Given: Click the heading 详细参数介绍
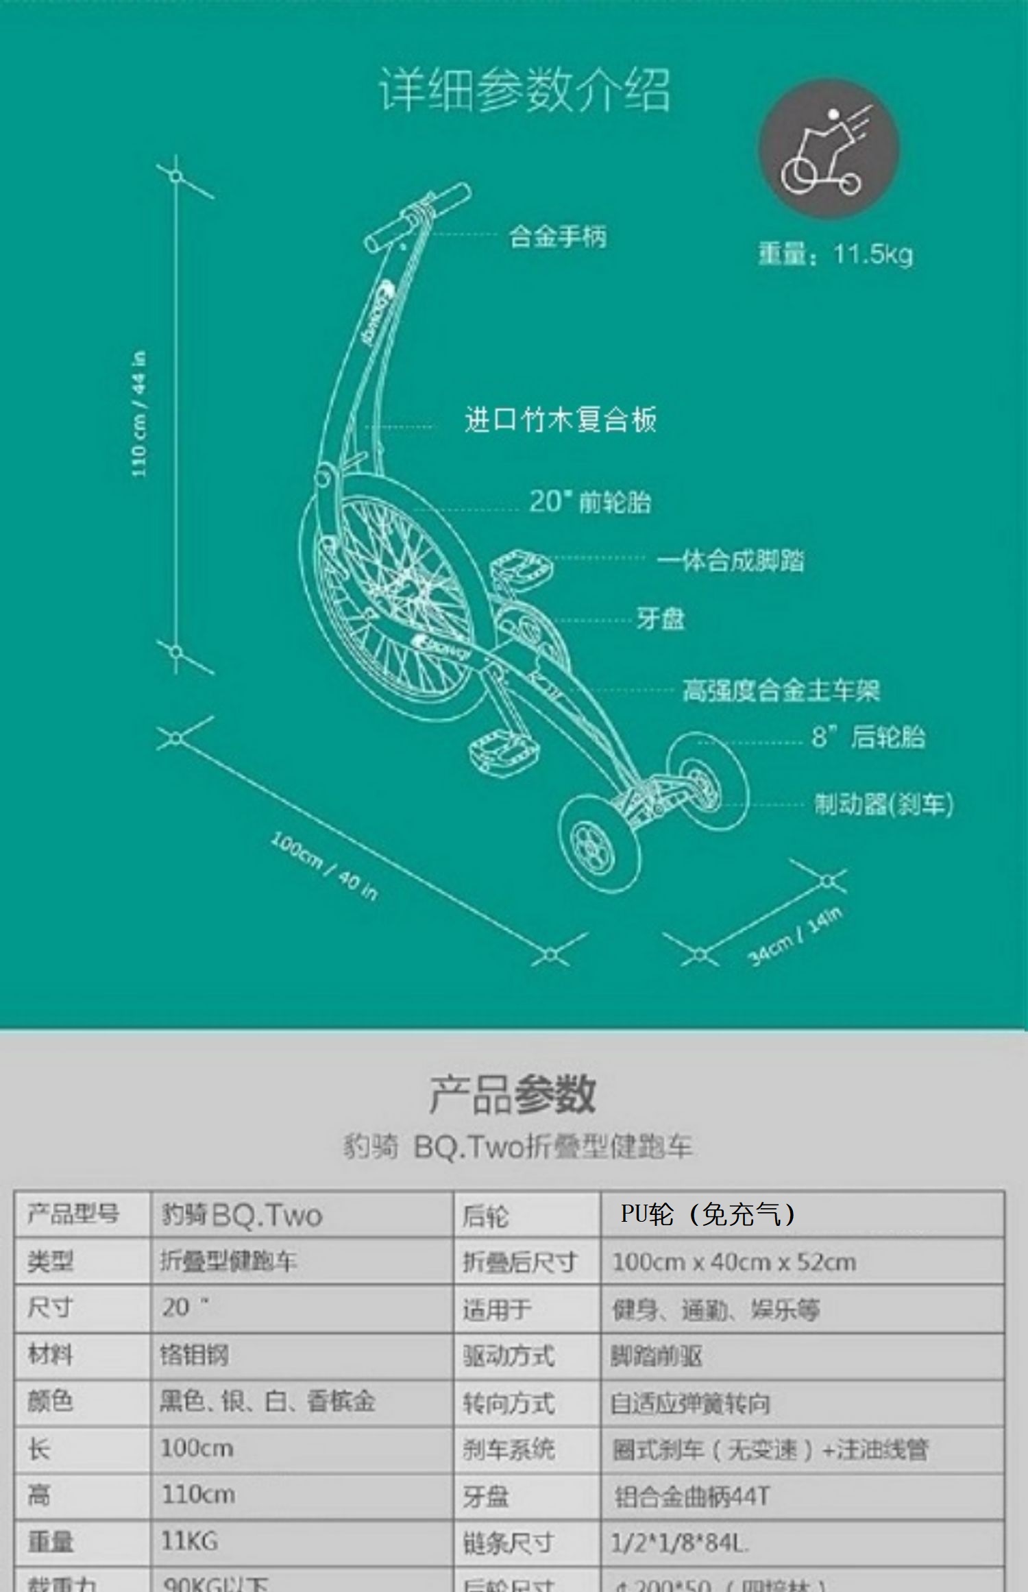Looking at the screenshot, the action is (x=524, y=90).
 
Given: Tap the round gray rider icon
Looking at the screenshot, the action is (x=829, y=149).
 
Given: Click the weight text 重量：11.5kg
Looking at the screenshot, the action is (x=835, y=254).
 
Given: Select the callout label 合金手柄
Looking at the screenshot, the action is (x=557, y=237).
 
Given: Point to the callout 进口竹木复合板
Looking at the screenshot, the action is (x=561, y=420).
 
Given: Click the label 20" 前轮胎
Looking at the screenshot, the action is (x=589, y=502).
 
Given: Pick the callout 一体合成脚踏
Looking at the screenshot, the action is (x=731, y=561).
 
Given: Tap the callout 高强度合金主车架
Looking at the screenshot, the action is (x=781, y=690).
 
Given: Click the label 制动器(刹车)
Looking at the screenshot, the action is (x=883, y=804).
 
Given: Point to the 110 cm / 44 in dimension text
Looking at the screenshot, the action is (x=139, y=414).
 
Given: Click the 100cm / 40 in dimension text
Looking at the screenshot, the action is (x=324, y=865).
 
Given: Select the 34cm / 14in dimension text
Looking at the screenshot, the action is (x=795, y=936).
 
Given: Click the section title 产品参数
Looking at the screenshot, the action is (x=513, y=1094).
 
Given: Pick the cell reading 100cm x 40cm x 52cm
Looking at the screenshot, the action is (x=734, y=1262).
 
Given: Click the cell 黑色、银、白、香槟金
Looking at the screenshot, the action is (x=267, y=1401).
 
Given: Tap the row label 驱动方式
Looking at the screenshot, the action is (x=509, y=1355).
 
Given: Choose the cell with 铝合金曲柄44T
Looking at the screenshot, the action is (x=692, y=1497).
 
